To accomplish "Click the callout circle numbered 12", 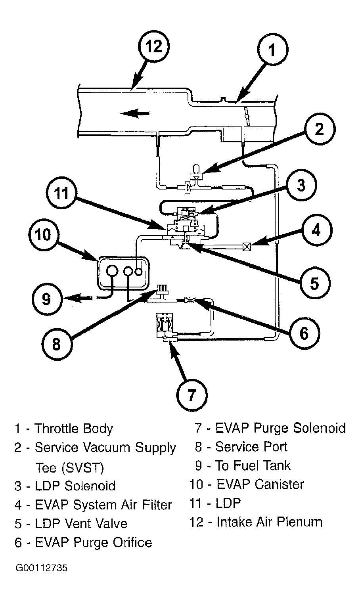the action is (154, 47).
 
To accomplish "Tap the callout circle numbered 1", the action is (272, 50).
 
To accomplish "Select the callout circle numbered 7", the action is (192, 395).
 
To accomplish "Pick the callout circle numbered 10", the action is (44, 235).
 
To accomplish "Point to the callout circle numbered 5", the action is (314, 283).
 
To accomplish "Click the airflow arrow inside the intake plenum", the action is (135, 113).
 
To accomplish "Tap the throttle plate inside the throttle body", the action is (247, 116).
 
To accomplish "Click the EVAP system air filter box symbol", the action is (247, 246).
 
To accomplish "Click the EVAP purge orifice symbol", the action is (190, 300).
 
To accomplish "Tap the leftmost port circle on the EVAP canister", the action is (112, 271).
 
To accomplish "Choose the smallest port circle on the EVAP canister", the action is (138, 272).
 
